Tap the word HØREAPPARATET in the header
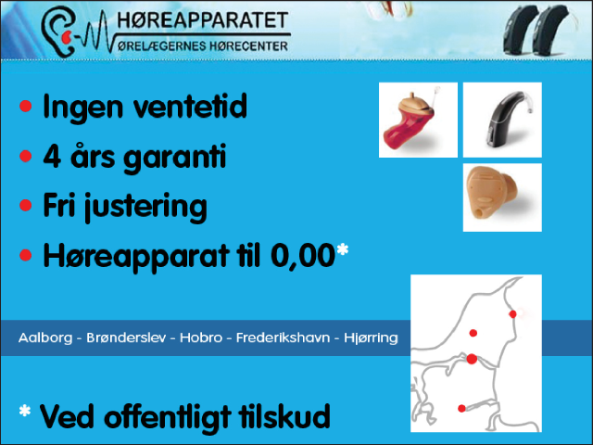(203, 20)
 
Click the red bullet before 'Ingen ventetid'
(26, 106)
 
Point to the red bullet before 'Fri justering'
(26, 206)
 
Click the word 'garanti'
(175, 159)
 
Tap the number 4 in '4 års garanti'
(52, 156)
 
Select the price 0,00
(303, 256)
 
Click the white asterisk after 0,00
(342, 249)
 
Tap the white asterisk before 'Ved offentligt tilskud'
(25, 411)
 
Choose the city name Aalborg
(45, 337)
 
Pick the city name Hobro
(201, 337)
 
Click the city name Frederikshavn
(283, 337)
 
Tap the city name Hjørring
(371, 337)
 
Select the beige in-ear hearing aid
(492, 192)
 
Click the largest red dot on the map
(472, 359)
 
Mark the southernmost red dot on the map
(461, 408)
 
